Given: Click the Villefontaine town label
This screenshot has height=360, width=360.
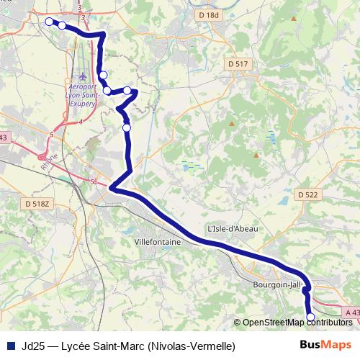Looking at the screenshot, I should click(x=158, y=243).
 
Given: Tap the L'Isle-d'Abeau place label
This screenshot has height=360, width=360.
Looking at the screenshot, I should click(x=232, y=228).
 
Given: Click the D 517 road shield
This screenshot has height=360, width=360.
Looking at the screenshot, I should click(x=238, y=64).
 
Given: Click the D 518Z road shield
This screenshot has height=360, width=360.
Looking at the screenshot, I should click(x=37, y=204).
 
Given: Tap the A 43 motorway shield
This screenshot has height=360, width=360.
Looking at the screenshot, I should click(x=351, y=312).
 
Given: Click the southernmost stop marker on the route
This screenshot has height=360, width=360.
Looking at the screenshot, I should click(x=311, y=317).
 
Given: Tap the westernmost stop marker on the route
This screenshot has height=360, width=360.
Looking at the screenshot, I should click(x=49, y=22).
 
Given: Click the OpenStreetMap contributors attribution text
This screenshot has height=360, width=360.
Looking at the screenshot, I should click(x=297, y=322).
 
